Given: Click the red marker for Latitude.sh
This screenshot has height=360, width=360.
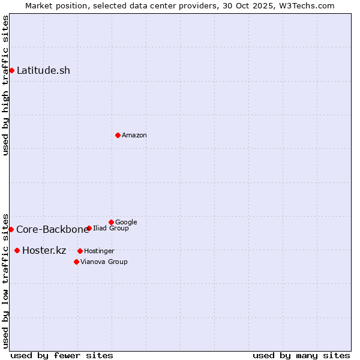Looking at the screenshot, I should [x=11, y=70].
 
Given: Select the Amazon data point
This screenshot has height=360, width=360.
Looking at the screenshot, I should [x=118, y=135].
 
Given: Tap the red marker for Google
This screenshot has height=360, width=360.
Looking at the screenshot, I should [x=111, y=222].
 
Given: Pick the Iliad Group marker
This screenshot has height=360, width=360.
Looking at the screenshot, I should [x=89, y=228].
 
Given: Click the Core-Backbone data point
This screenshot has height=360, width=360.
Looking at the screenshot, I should [x=11, y=229].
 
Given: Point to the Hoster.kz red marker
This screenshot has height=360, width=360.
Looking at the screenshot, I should [x=17, y=250].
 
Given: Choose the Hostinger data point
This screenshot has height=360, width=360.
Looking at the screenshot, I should [x=80, y=251].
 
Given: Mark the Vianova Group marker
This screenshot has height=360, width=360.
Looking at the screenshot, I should [x=76, y=262].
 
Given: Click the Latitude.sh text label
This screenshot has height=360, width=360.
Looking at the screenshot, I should [x=43, y=70].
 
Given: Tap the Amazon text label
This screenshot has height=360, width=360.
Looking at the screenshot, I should [x=134, y=135].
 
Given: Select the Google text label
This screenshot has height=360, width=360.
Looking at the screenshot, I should [x=126, y=222].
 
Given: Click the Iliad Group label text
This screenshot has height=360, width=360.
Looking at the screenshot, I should [x=111, y=228].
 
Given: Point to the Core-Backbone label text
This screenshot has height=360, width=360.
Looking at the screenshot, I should [x=52, y=229].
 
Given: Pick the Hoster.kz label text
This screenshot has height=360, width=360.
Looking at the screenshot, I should [x=44, y=250].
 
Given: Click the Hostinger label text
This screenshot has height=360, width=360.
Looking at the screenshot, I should [x=99, y=251].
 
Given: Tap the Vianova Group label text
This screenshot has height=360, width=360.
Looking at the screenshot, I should [x=104, y=262].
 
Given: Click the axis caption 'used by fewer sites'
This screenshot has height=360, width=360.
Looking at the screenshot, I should [x=62, y=355].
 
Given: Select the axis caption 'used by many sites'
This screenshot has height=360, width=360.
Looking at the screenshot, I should [x=301, y=355].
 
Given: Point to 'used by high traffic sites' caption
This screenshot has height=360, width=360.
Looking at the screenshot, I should [x=5, y=85].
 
